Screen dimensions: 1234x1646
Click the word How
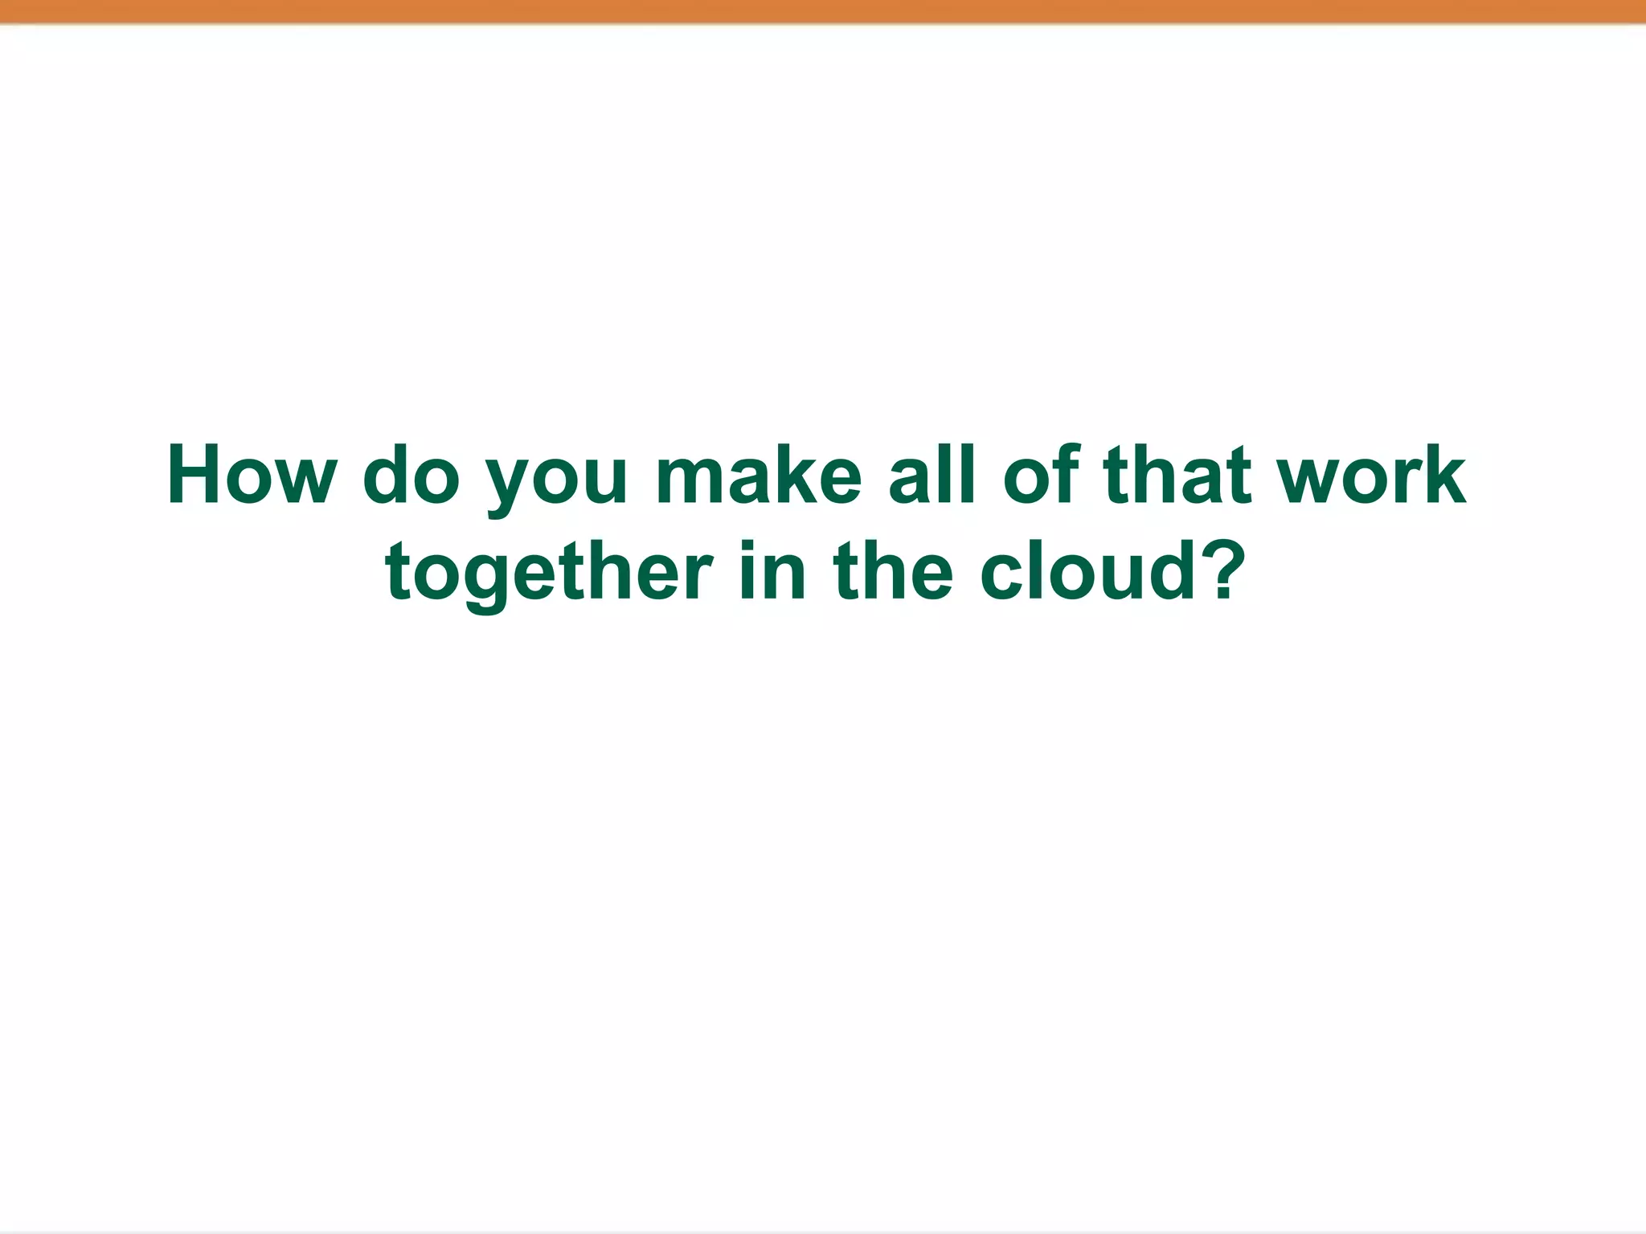pos(251,476)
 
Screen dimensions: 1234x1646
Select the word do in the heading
pos(411,476)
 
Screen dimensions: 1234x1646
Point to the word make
pos(759,476)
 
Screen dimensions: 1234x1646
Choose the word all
pos(932,476)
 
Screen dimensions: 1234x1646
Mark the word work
pos(1373,476)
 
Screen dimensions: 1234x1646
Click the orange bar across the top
pos(823,11)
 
